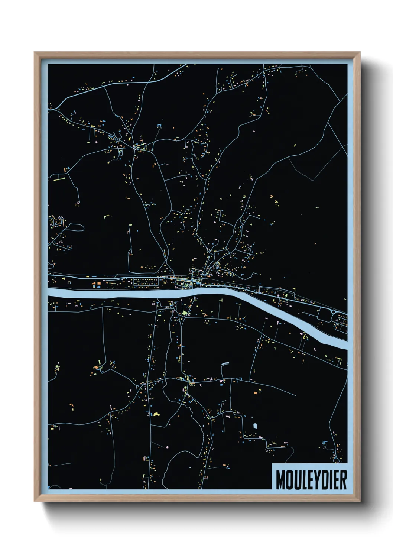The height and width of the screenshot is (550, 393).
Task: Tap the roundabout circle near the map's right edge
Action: click(334, 311)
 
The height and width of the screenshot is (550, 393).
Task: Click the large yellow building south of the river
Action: click(156, 414)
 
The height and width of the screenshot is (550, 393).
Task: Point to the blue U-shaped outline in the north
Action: click(160, 126)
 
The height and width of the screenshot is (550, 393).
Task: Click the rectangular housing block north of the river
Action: click(145, 282)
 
